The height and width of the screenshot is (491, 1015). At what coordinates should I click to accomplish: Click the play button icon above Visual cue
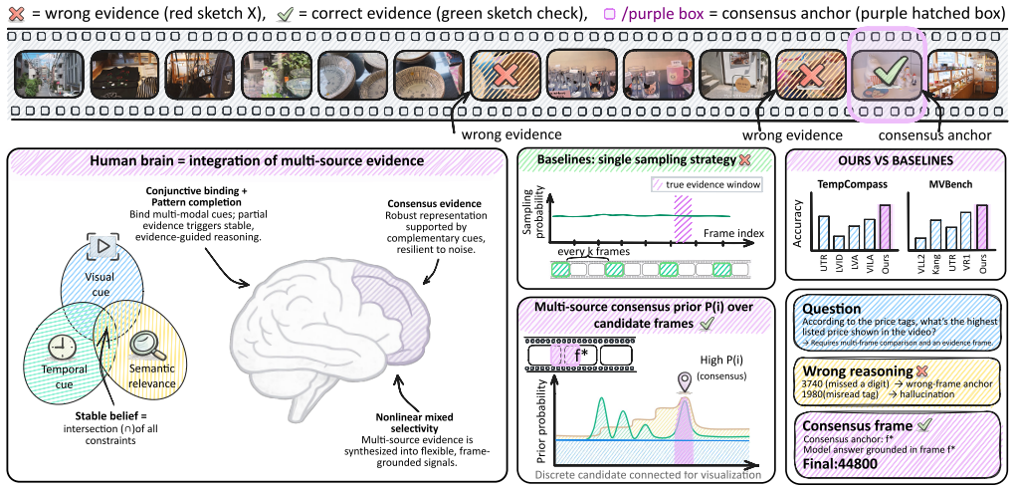click(x=103, y=247)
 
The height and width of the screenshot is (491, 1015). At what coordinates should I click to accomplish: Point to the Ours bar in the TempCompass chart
click(x=885, y=226)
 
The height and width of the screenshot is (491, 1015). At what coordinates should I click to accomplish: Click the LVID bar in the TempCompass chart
click(x=839, y=242)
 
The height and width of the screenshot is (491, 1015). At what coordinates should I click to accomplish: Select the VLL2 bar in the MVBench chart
click(x=920, y=243)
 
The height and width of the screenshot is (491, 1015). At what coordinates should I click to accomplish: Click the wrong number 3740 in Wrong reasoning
click(x=814, y=384)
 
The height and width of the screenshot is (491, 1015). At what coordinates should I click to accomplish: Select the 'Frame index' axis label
click(x=733, y=232)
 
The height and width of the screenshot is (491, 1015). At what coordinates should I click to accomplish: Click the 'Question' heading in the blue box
click(x=831, y=309)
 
